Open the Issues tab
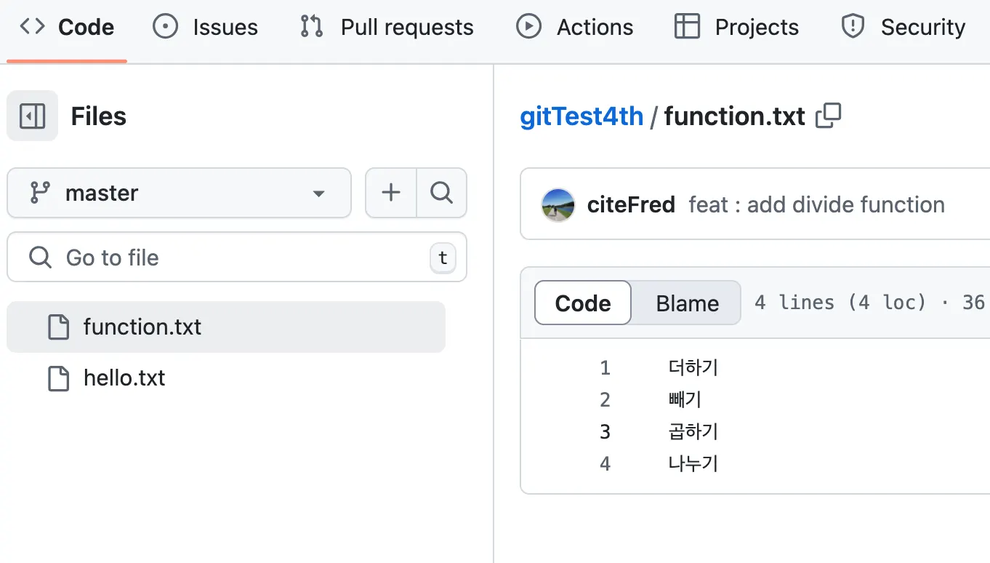[206, 28]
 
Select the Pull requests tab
[387, 28]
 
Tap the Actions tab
[575, 28]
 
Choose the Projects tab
[736, 28]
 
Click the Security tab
[904, 28]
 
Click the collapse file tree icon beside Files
[32, 116]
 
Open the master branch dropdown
[179, 193]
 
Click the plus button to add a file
[391, 193]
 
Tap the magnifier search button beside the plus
[441, 193]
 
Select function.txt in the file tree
[142, 327]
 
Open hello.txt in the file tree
[124, 378]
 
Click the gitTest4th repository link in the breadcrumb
[581, 116]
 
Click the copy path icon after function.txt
[829, 116]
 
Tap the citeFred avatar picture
[558, 205]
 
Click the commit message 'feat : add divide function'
[816, 205]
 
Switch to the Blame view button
[687, 303]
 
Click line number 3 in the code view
[605, 432]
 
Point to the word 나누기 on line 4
[693, 464]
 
